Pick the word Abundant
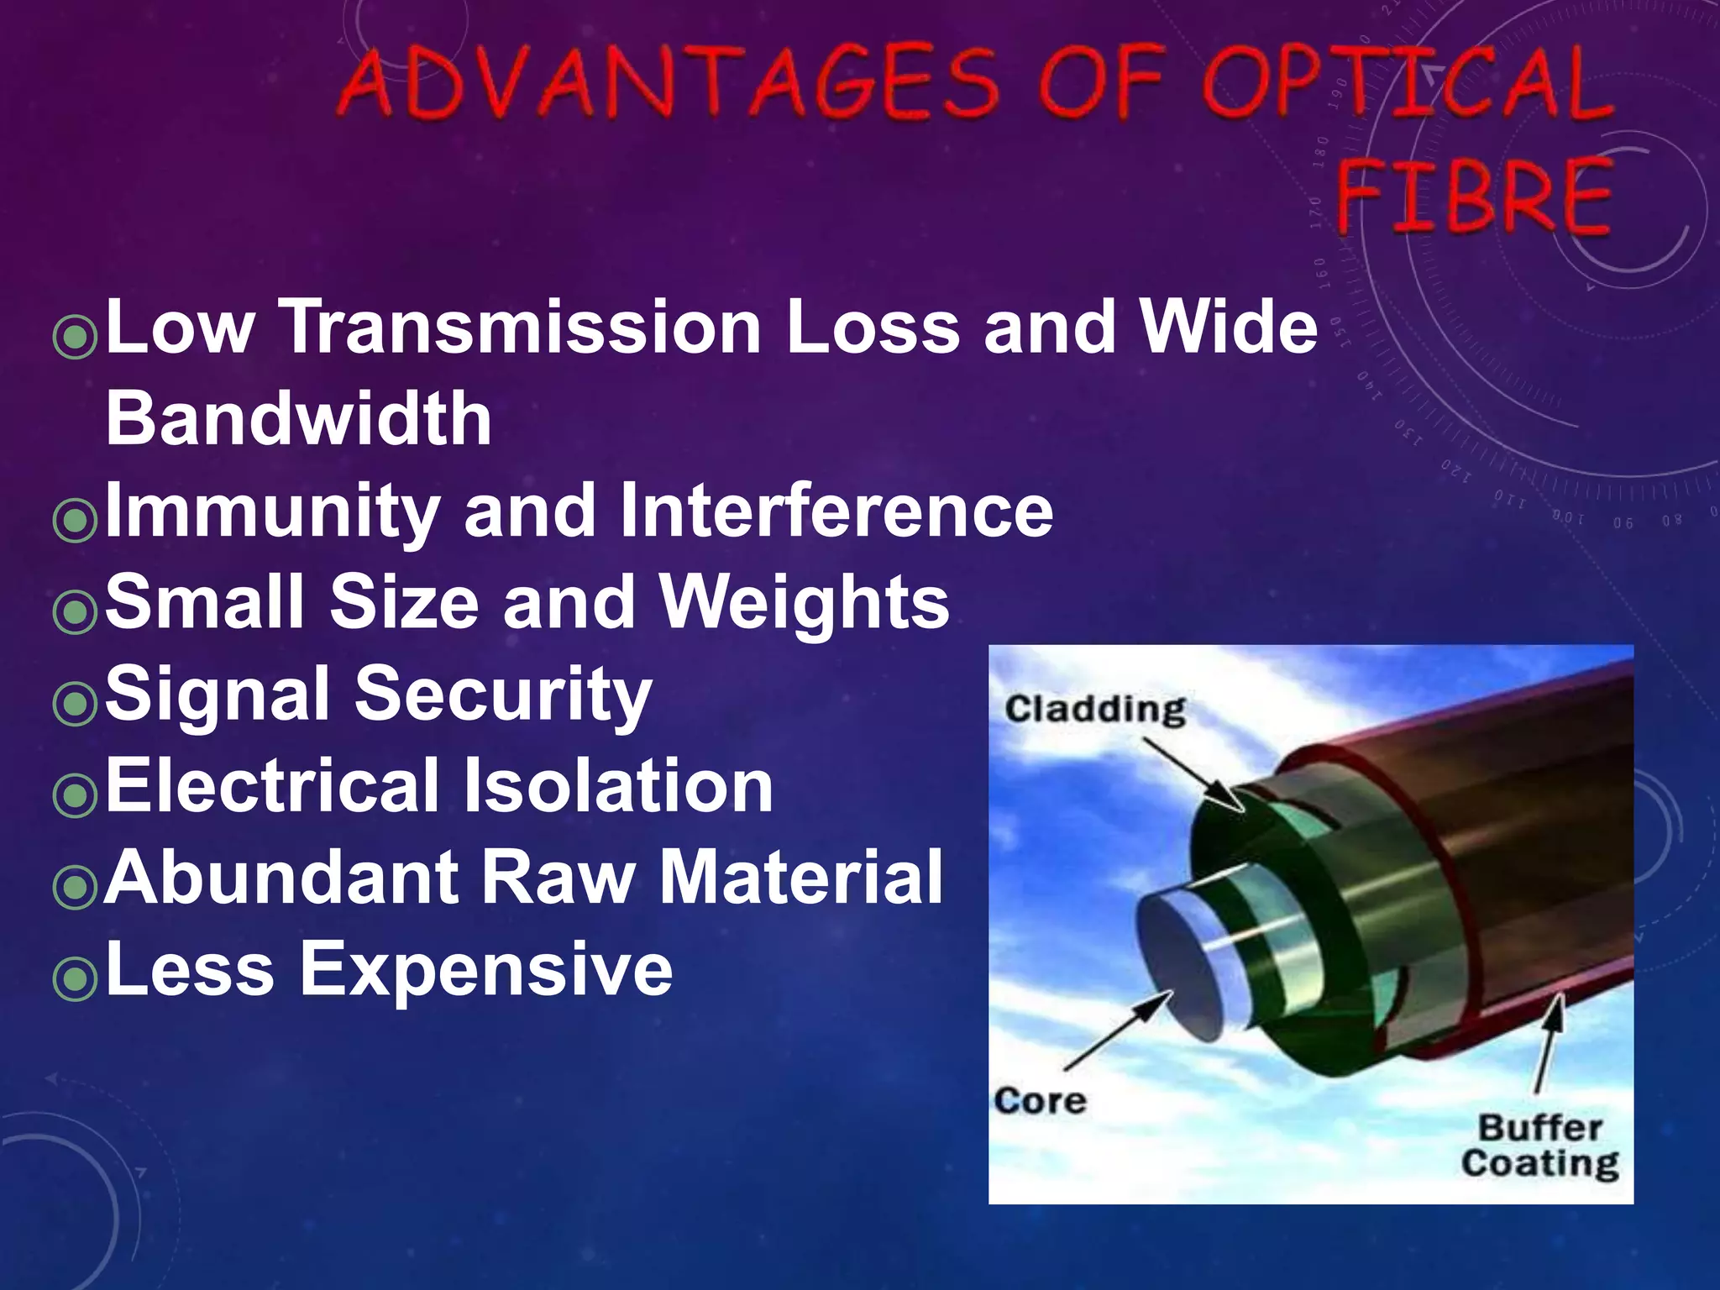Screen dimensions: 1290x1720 point(281,877)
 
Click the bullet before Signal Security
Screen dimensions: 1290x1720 point(75,702)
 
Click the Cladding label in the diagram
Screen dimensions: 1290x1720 point(1095,710)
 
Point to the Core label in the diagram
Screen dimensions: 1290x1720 point(1040,1100)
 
